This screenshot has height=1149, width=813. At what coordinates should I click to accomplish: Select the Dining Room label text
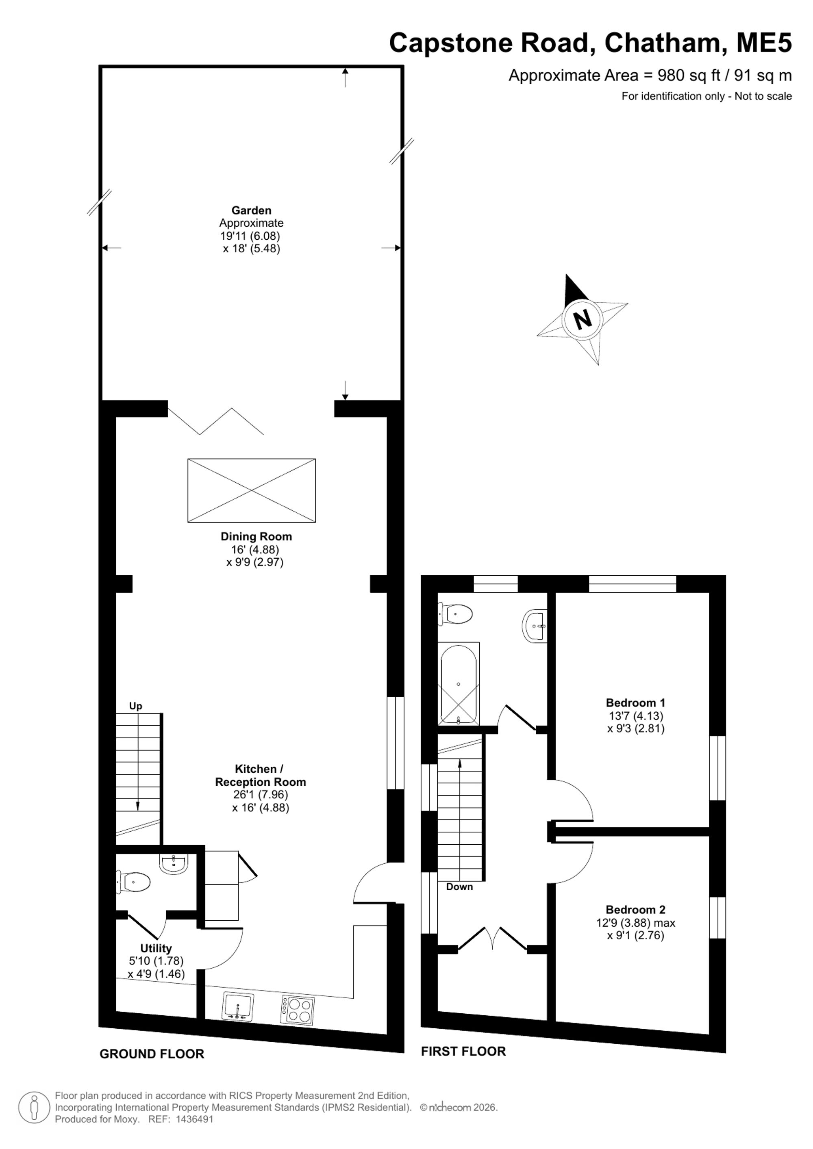257,536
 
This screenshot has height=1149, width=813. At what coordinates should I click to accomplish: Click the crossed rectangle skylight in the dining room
252,490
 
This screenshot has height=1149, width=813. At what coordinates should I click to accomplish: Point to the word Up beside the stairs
136,706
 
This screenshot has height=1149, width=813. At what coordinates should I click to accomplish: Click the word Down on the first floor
460,887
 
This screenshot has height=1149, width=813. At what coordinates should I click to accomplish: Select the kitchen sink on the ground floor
237,1006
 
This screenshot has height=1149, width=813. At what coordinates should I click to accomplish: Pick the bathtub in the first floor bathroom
459,684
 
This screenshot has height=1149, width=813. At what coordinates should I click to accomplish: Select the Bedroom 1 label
636,702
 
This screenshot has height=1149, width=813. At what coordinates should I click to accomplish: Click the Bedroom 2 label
636,909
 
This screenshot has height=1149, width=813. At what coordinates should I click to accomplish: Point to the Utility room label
156,948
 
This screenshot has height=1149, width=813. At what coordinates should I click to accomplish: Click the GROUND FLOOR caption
152,1054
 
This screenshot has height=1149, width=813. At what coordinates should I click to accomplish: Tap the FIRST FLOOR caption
463,1051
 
